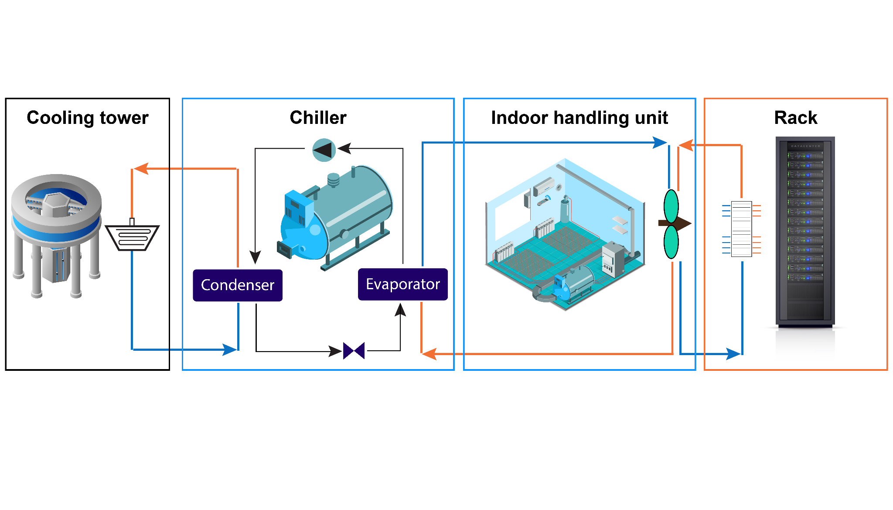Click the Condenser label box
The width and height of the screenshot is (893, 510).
(238, 285)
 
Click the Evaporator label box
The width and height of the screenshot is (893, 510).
(403, 284)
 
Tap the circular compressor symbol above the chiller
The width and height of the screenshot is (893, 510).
(324, 150)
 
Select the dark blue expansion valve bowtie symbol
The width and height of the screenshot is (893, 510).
(354, 351)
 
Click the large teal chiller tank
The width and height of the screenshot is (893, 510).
(344, 214)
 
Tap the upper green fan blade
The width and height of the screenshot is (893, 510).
(671, 206)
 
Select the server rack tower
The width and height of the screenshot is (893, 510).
(805, 231)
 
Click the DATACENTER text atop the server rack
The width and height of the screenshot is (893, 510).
(805, 146)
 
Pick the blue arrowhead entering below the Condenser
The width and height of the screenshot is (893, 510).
(229, 349)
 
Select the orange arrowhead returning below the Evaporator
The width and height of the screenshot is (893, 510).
(429, 353)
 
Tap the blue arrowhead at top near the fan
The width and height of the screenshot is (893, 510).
(659, 142)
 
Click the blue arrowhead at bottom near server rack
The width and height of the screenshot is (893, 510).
(733, 353)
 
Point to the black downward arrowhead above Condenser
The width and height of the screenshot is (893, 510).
(255, 257)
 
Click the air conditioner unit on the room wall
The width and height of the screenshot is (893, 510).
(544, 186)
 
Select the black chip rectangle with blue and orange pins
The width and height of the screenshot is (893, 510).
(741, 229)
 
